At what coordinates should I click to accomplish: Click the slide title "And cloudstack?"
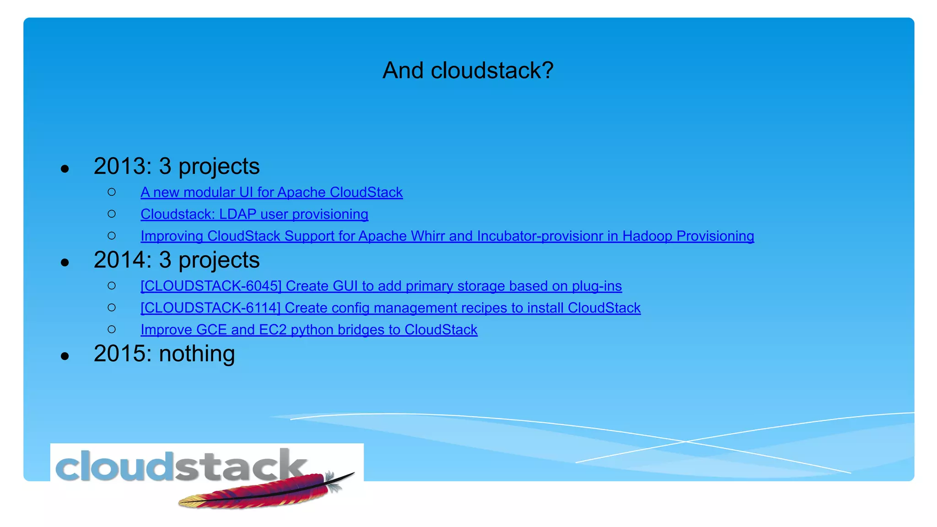click(468, 70)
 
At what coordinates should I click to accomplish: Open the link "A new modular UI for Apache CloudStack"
click(271, 193)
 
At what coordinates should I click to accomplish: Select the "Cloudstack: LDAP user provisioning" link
click(254, 215)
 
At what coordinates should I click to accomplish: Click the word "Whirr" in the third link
click(428, 236)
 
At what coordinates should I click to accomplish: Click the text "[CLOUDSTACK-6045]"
click(211, 286)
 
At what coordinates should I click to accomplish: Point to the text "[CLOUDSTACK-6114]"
click(210, 308)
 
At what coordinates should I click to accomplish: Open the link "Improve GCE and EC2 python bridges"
click(309, 330)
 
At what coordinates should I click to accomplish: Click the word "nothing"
click(197, 354)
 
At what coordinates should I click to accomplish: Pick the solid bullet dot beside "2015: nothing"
click(65, 356)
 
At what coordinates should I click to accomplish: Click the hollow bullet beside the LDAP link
click(112, 214)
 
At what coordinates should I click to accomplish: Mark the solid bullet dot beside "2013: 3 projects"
click(65, 168)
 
